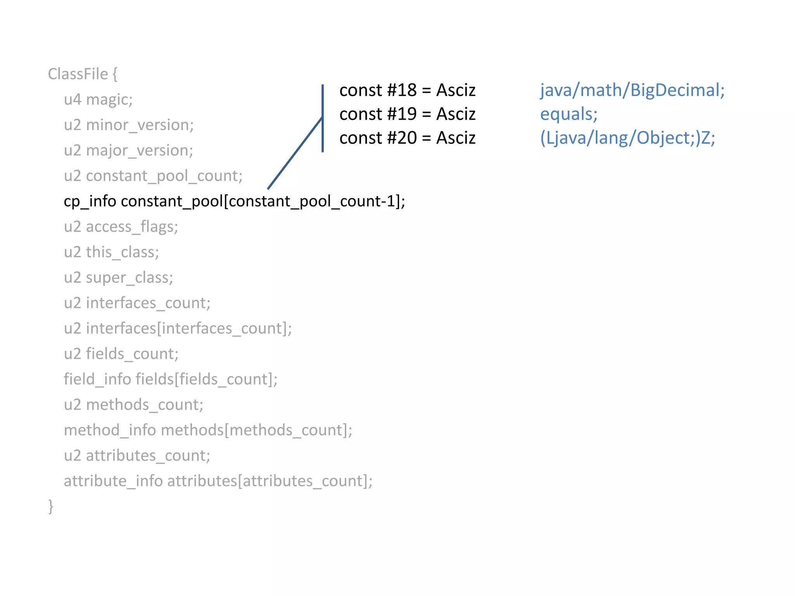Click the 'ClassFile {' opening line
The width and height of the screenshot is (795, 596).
tap(82, 74)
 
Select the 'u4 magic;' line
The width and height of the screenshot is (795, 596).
tap(98, 100)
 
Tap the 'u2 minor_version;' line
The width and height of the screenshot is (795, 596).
tap(128, 125)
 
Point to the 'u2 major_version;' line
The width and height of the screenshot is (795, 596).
tap(128, 151)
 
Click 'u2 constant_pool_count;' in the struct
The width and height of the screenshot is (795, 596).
tap(153, 176)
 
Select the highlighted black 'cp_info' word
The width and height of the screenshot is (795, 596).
tap(90, 201)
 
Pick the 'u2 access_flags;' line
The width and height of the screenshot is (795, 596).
tap(121, 227)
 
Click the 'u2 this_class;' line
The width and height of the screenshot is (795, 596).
tap(111, 252)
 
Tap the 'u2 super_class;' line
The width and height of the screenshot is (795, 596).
tap(118, 278)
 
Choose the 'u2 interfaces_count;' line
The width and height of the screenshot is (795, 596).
tap(137, 303)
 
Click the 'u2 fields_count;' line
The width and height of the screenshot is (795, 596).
tap(121, 354)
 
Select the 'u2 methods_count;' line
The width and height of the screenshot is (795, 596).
tap(134, 405)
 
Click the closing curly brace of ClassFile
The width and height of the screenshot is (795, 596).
tap(50, 506)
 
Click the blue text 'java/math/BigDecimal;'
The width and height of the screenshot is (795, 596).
tap(632, 90)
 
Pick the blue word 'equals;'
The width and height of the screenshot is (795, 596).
tap(569, 114)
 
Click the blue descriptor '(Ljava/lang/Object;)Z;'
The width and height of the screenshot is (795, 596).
tap(627, 138)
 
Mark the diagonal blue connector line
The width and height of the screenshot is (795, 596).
tap(295, 153)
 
